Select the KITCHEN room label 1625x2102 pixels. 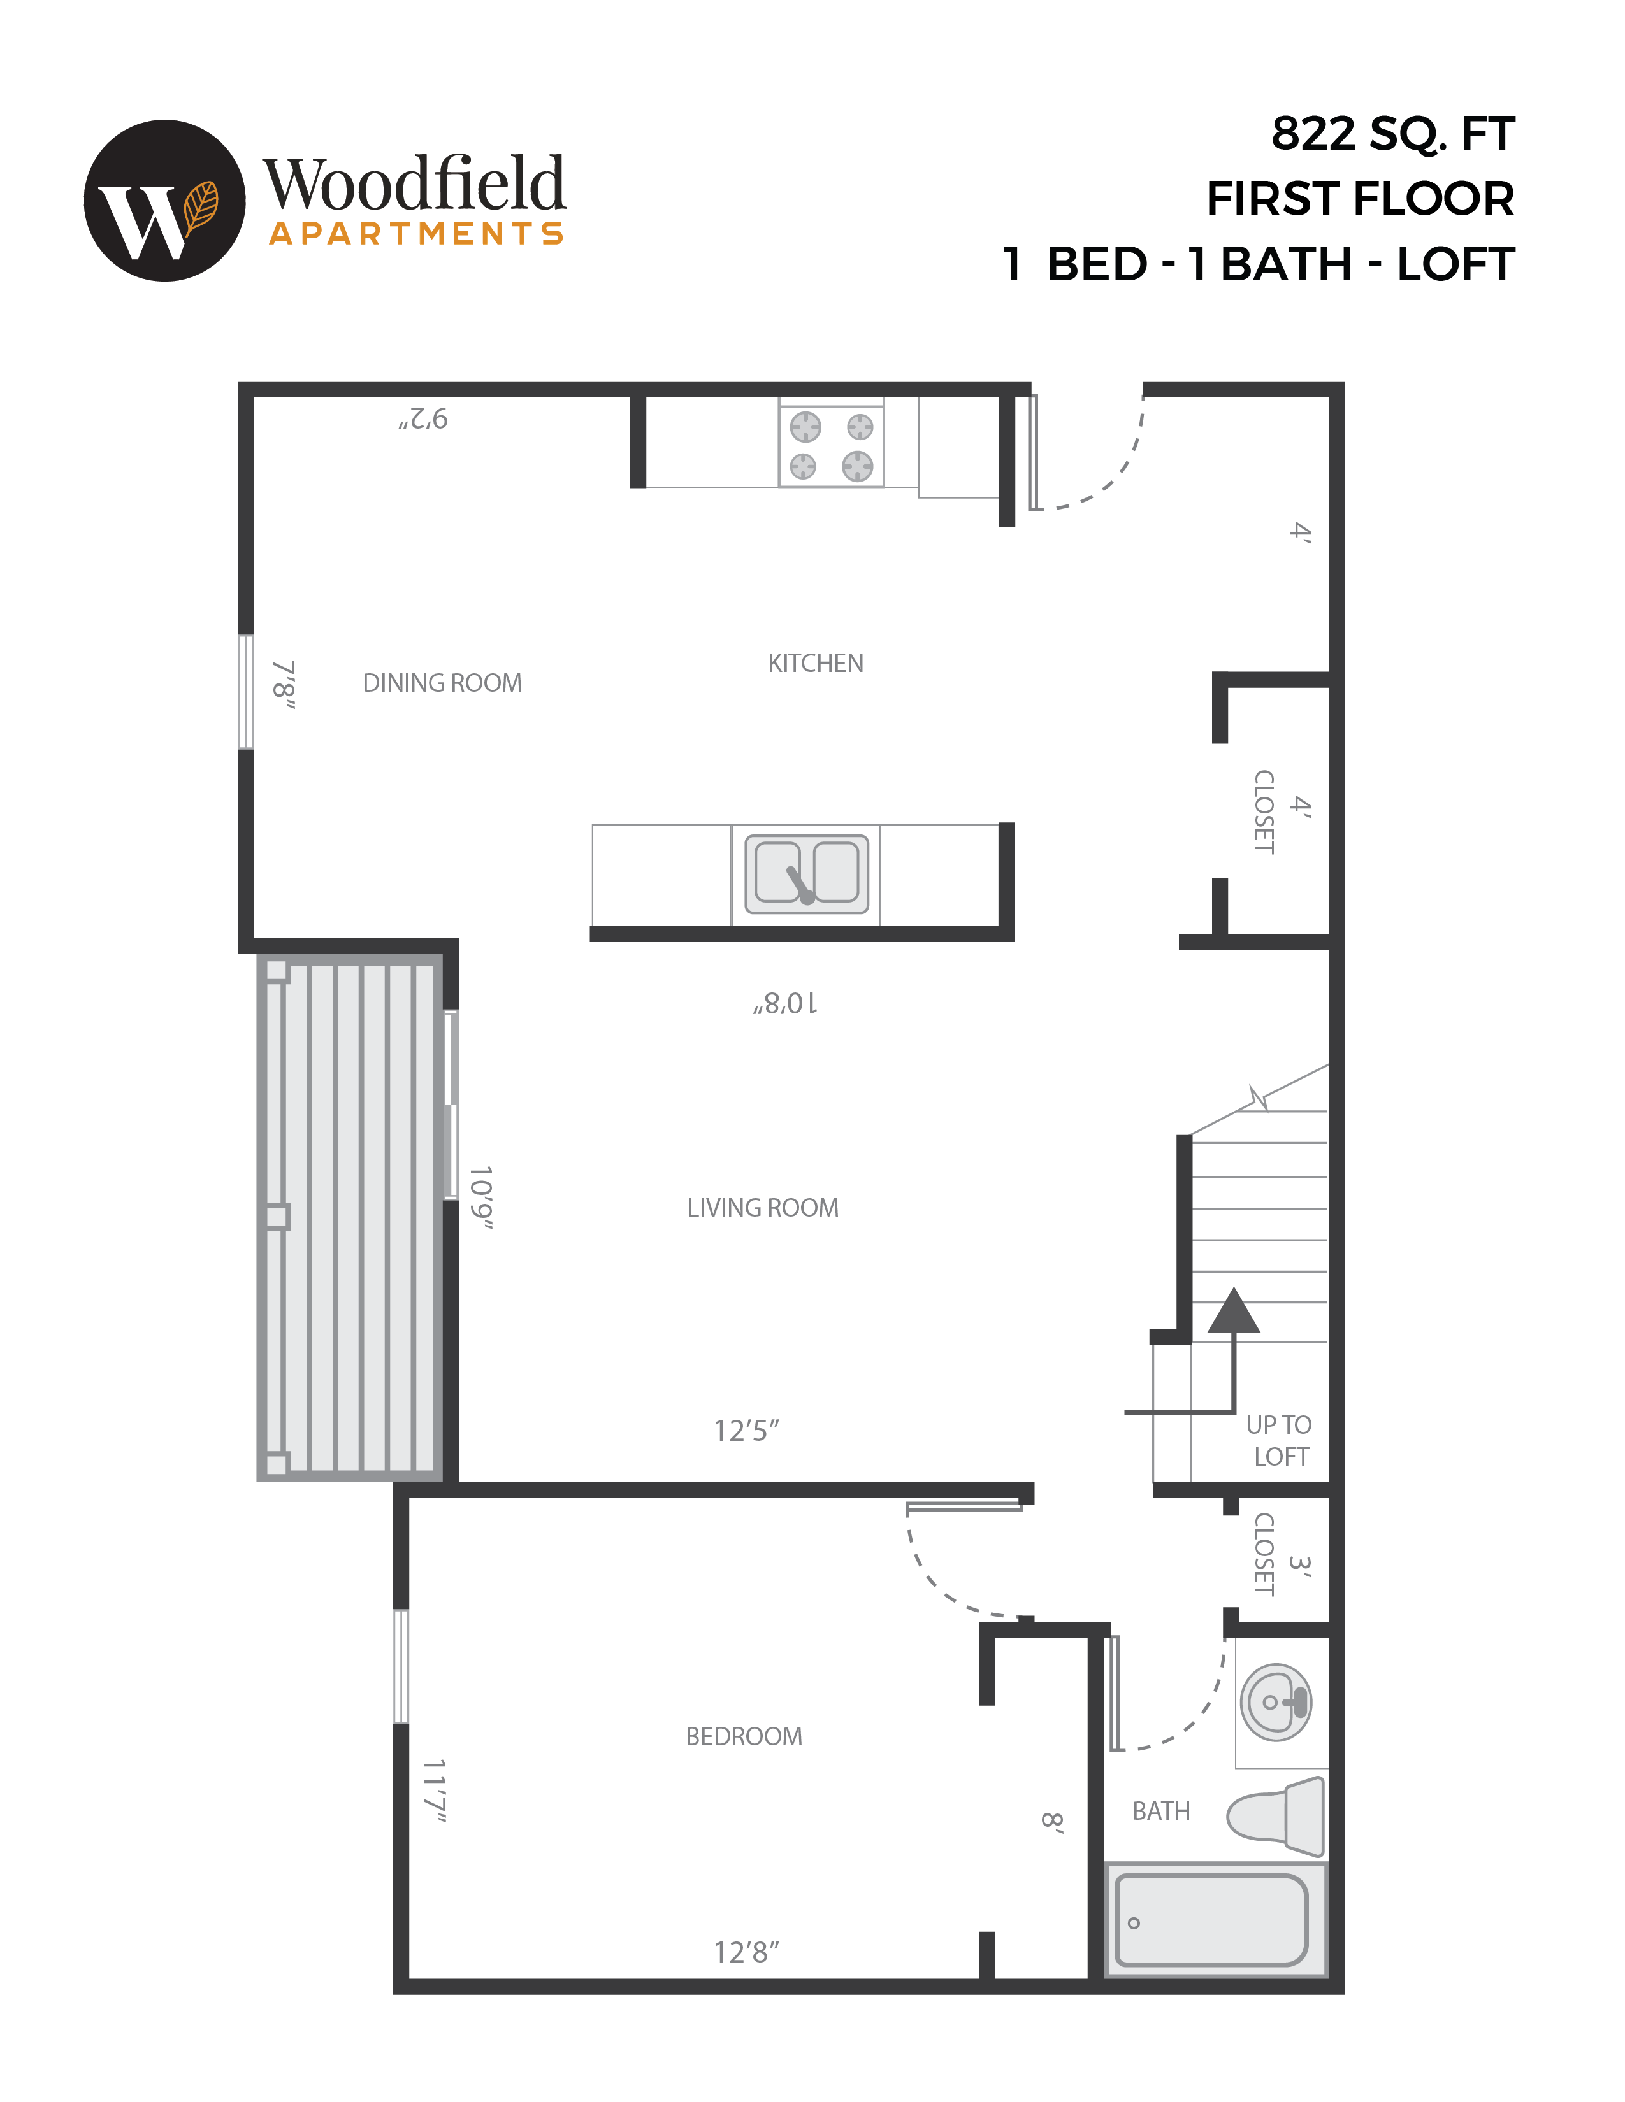[816, 663]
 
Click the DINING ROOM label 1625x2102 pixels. [442, 683]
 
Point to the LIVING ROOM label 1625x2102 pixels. [762, 1208]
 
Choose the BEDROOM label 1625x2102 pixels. [743, 1736]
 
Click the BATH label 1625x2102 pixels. [1161, 1812]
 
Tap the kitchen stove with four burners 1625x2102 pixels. [832, 445]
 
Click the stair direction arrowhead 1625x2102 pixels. [1233, 1312]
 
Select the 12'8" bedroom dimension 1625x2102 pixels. [746, 1953]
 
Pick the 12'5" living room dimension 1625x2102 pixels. [746, 1431]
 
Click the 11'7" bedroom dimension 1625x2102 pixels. [435, 1790]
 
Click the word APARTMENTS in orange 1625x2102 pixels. [416, 234]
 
